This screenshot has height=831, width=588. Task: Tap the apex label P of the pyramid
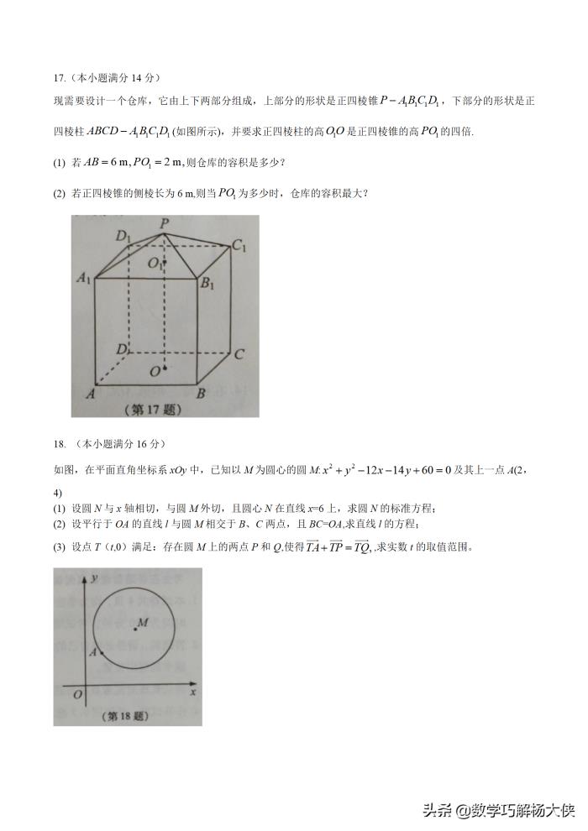coord(165,222)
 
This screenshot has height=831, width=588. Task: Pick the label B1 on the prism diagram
coord(207,283)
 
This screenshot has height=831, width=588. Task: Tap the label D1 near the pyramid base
coord(123,237)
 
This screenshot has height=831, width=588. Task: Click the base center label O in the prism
coord(155,370)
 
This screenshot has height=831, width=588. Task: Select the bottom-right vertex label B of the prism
coord(201,392)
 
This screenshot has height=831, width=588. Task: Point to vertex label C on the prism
coord(239,353)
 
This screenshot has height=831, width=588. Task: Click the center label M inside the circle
coord(143,622)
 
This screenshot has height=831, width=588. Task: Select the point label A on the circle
coord(93,651)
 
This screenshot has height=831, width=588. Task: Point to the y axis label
coord(97,579)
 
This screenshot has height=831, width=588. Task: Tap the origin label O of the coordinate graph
coord(77,694)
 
